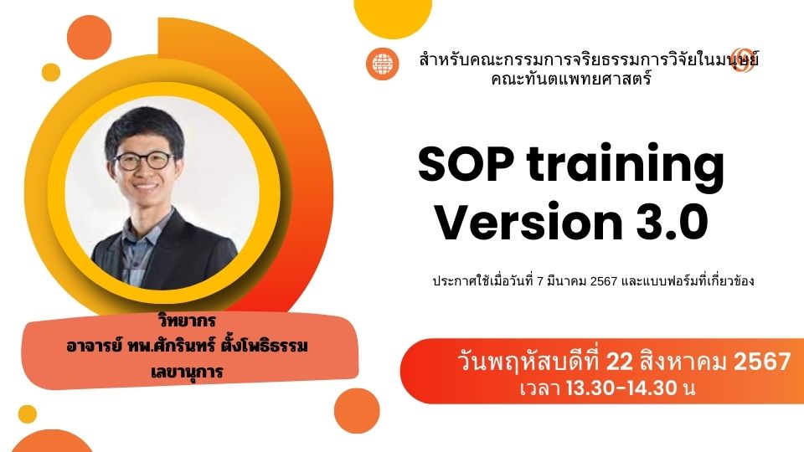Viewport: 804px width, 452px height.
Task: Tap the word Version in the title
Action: pyautogui.click(x=528, y=222)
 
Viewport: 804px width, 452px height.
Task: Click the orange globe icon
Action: pyautogui.click(x=383, y=64)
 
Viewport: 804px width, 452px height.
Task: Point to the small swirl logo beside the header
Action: pyautogui.click(x=743, y=59)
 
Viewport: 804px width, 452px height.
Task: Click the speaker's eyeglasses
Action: pyautogui.click(x=145, y=161)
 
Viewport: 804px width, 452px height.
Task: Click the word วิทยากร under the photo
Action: pyautogui.click(x=187, y=321)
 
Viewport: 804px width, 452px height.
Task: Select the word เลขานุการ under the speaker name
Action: pyautogui.click(x=187, y=372)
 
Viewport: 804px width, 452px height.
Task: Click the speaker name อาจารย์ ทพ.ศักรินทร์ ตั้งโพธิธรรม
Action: pyautogui.click(x=187, y=346)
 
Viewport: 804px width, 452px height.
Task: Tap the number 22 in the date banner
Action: pyautogui.click(x=620, y=362)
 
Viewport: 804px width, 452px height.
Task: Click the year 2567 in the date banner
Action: pyautogui.click(x=762, y=362)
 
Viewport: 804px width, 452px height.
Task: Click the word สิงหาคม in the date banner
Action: pyautogui.click(x=683, y=362)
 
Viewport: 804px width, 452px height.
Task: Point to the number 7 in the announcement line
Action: pyautogui.click(x=539, y=281)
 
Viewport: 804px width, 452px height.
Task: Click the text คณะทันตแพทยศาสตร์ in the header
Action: pyautogui.click(x=571, y=80)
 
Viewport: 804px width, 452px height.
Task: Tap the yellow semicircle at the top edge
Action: pyautogui.click(x=393, y=18)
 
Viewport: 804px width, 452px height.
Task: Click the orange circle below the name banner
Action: pyautogui.click(x=357, y=410)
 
